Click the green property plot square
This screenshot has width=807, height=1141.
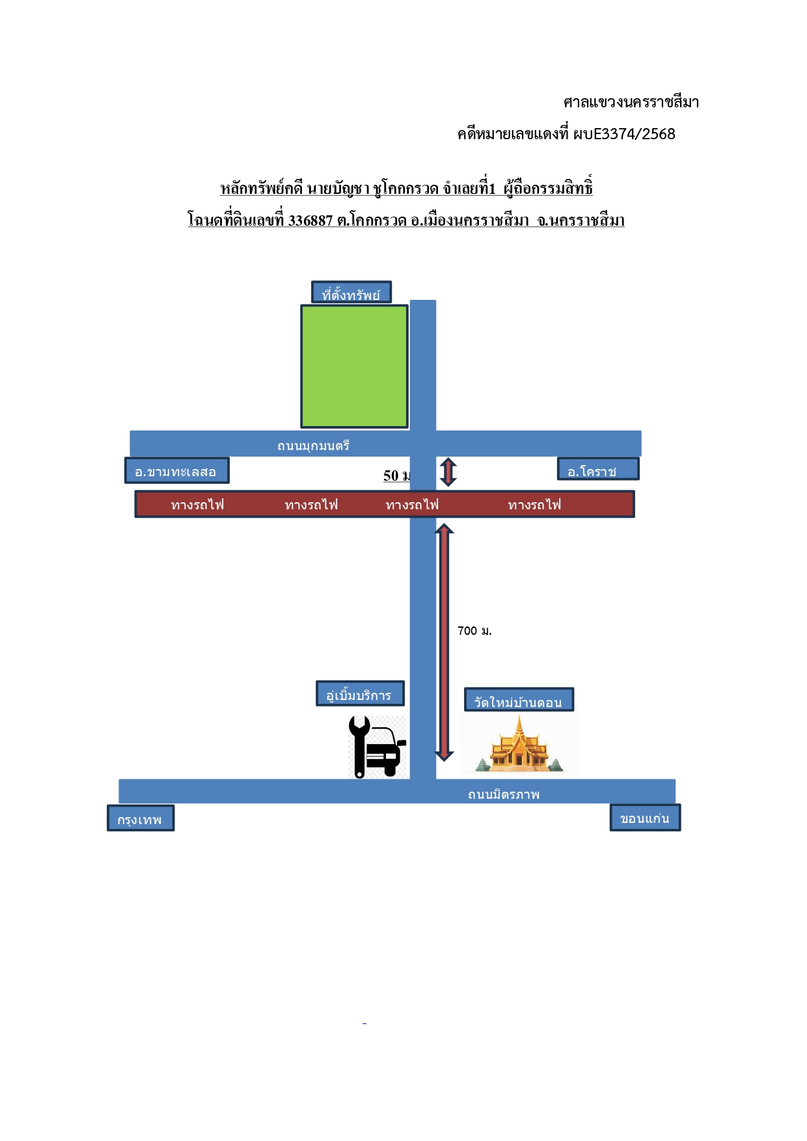coord(355,366)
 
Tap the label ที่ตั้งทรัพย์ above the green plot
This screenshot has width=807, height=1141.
coord(351,293)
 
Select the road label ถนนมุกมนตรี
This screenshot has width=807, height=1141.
coord(314,446)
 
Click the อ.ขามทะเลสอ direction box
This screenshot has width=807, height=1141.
coord(177,470)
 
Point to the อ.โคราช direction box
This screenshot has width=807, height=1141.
coord(598,469)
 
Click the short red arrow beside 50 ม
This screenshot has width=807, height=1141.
coord(448,472)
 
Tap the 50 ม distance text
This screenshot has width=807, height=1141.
coord(396,476)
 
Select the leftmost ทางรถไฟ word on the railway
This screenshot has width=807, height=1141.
coord(197,505)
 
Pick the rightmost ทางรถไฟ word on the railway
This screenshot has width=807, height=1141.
coord(534,505)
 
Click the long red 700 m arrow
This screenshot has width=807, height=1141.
coord(444,642)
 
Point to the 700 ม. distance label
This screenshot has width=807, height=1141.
coord(474,631)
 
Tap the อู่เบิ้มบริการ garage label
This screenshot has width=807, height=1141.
coord(360,693)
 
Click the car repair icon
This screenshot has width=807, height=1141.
coord(377,747)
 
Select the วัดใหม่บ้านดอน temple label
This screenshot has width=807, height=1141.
coord(519,700)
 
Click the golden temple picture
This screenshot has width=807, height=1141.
coord(519,744)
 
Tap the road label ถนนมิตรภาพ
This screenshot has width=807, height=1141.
coord(504,794)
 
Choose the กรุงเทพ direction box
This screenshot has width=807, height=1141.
coord(141,818)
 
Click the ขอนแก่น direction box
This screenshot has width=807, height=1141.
coord(645,818)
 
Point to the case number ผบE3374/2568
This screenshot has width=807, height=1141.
coord(624,134)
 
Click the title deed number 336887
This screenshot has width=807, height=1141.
coord(310,221)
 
